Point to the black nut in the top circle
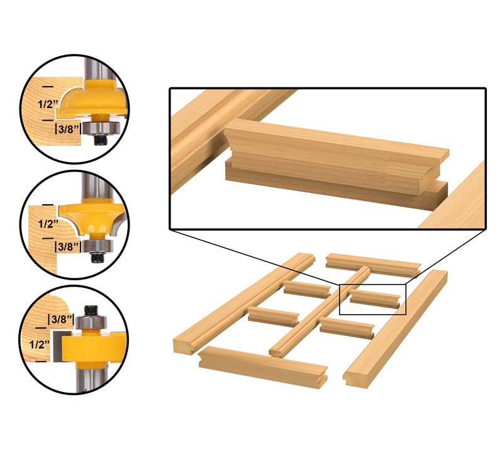click(x=101, y=139)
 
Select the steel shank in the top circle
click(x=96, y=68)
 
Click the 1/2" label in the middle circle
click(x=48, y=224)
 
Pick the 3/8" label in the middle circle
click(x=67, y=246)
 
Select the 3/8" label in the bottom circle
click(x=61, y=319)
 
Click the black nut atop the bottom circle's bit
click(x=91, y=310)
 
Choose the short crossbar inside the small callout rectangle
click(x=375, y=298)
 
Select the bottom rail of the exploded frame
click(x=263, y=366)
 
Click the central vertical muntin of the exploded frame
click(x=320, y=312)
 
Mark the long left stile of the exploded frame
click(x=244, y=303)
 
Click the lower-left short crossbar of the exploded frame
click(x=273, y=317)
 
